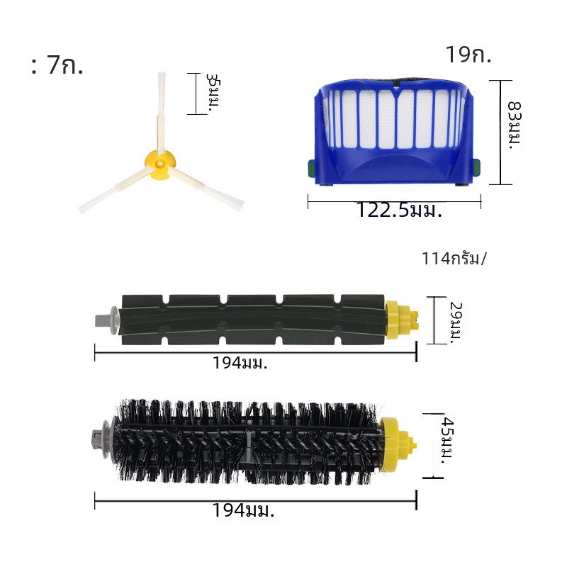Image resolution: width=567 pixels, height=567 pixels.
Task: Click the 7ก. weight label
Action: (x=65, y=65)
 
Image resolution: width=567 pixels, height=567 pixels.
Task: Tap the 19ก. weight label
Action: (x=468, y=55)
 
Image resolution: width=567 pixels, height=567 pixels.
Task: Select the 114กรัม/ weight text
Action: (x=454, y=259)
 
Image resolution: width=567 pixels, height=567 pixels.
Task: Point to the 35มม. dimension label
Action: (x=213, y=94)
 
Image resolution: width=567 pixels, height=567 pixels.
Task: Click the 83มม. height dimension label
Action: (x=515, y=125)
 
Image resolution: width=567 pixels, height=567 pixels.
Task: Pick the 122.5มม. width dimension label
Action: (x=399, y=210)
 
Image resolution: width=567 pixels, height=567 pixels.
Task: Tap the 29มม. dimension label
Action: (x=456, y=322)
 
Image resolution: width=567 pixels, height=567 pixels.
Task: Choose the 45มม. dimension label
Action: (x=448, y=440)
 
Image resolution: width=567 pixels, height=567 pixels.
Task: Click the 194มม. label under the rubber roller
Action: (x=240, y=363)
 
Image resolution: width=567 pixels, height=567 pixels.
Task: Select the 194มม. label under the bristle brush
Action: (x=243, y=510)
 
